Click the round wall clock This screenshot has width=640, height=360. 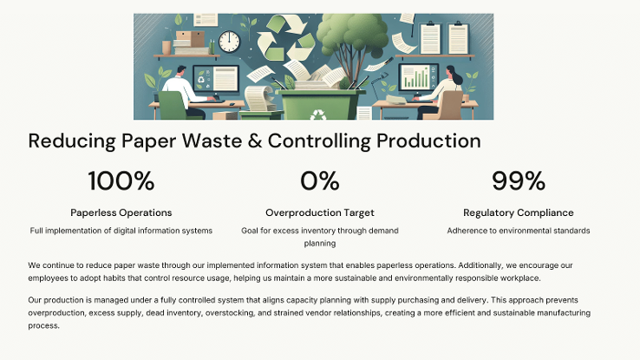click(229, 42)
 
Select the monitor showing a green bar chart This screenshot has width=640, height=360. click(418, 77)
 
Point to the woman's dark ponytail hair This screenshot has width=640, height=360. click(455, 75)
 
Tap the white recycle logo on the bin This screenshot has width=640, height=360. click(318, 115)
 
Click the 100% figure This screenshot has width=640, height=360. click(121, 180)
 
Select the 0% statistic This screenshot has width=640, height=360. click(320, 180)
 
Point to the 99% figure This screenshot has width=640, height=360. click(519, 180)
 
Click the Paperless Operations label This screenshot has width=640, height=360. click(121, 213)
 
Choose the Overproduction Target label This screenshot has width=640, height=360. click(320, 213)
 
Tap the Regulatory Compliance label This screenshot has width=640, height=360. click(519, 213)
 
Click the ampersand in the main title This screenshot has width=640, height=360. click(255, 141)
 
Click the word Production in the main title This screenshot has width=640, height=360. click(428, 141)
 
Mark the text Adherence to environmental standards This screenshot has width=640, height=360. click(519, 231)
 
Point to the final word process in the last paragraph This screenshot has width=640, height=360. click(43, 325)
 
